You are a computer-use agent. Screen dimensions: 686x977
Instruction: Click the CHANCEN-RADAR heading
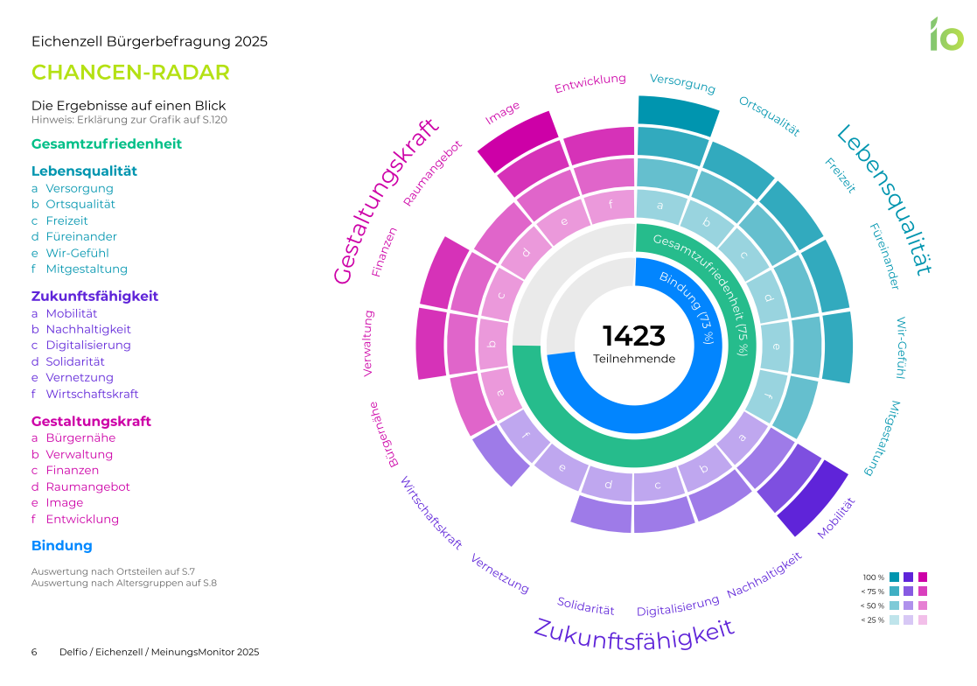pos(130,73)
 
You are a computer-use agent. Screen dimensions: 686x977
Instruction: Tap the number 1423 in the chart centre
pos(634,336)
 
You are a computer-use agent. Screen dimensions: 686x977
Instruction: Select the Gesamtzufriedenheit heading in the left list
pos(107,143)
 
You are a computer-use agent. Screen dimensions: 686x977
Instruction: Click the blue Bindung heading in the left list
pos(61,546)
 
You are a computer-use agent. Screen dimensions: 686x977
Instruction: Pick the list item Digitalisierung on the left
pos(88,345)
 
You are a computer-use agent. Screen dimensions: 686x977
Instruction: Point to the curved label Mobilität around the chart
pos(835,518)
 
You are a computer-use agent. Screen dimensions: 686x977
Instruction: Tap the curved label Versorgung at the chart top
pos(682,83)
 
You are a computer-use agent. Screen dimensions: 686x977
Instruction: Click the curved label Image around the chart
pos(503,111)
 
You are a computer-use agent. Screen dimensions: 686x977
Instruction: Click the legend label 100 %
pos(874,577)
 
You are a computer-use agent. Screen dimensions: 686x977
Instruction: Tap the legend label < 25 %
pos(873,620)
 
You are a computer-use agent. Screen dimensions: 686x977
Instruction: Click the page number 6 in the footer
pos(34,653)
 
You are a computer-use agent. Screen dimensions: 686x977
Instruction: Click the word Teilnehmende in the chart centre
pos(634,359)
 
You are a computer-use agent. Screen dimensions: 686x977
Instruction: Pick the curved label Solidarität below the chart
pos(586,605)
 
